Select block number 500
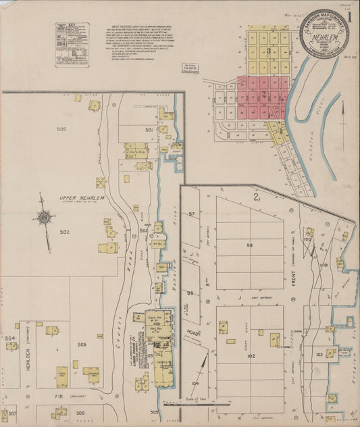pyautogui.click(x=62, y=128)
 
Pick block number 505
pyautogui.click(x=82, y=345)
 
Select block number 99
pyautogui.click(x=249, y=245)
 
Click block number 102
pyautogui.click(x=251, y=355)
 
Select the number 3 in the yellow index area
pyautogui.click(x=269, y=51)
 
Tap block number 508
pyautogui.click(x=80, y=411)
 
